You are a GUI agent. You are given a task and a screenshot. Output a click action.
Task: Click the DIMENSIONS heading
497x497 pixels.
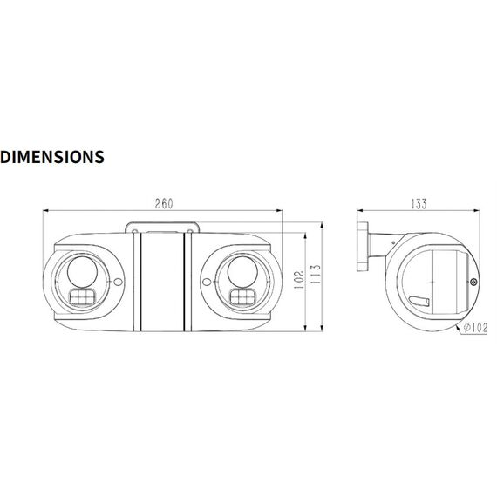[x=52, y=157]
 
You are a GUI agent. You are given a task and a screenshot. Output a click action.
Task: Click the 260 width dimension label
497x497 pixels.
[x=164, y=204]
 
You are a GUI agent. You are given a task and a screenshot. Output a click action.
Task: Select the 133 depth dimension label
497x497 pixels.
[x=419, y=204]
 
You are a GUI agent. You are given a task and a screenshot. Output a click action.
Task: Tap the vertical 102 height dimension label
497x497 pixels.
[x=299, y=280]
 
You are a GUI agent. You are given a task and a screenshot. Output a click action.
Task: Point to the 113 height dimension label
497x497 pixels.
[x=316, y=274]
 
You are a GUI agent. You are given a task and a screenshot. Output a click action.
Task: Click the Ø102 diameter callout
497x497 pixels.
[x=475, y=328]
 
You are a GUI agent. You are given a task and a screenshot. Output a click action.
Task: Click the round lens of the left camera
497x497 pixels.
[x=82, y=272]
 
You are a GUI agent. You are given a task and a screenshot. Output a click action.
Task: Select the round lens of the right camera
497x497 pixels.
[x=242, y=272]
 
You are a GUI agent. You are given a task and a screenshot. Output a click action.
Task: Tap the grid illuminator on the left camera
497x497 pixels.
[x=82, y=297]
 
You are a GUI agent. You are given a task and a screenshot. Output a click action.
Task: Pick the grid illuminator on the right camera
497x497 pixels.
[x=242, y=297]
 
